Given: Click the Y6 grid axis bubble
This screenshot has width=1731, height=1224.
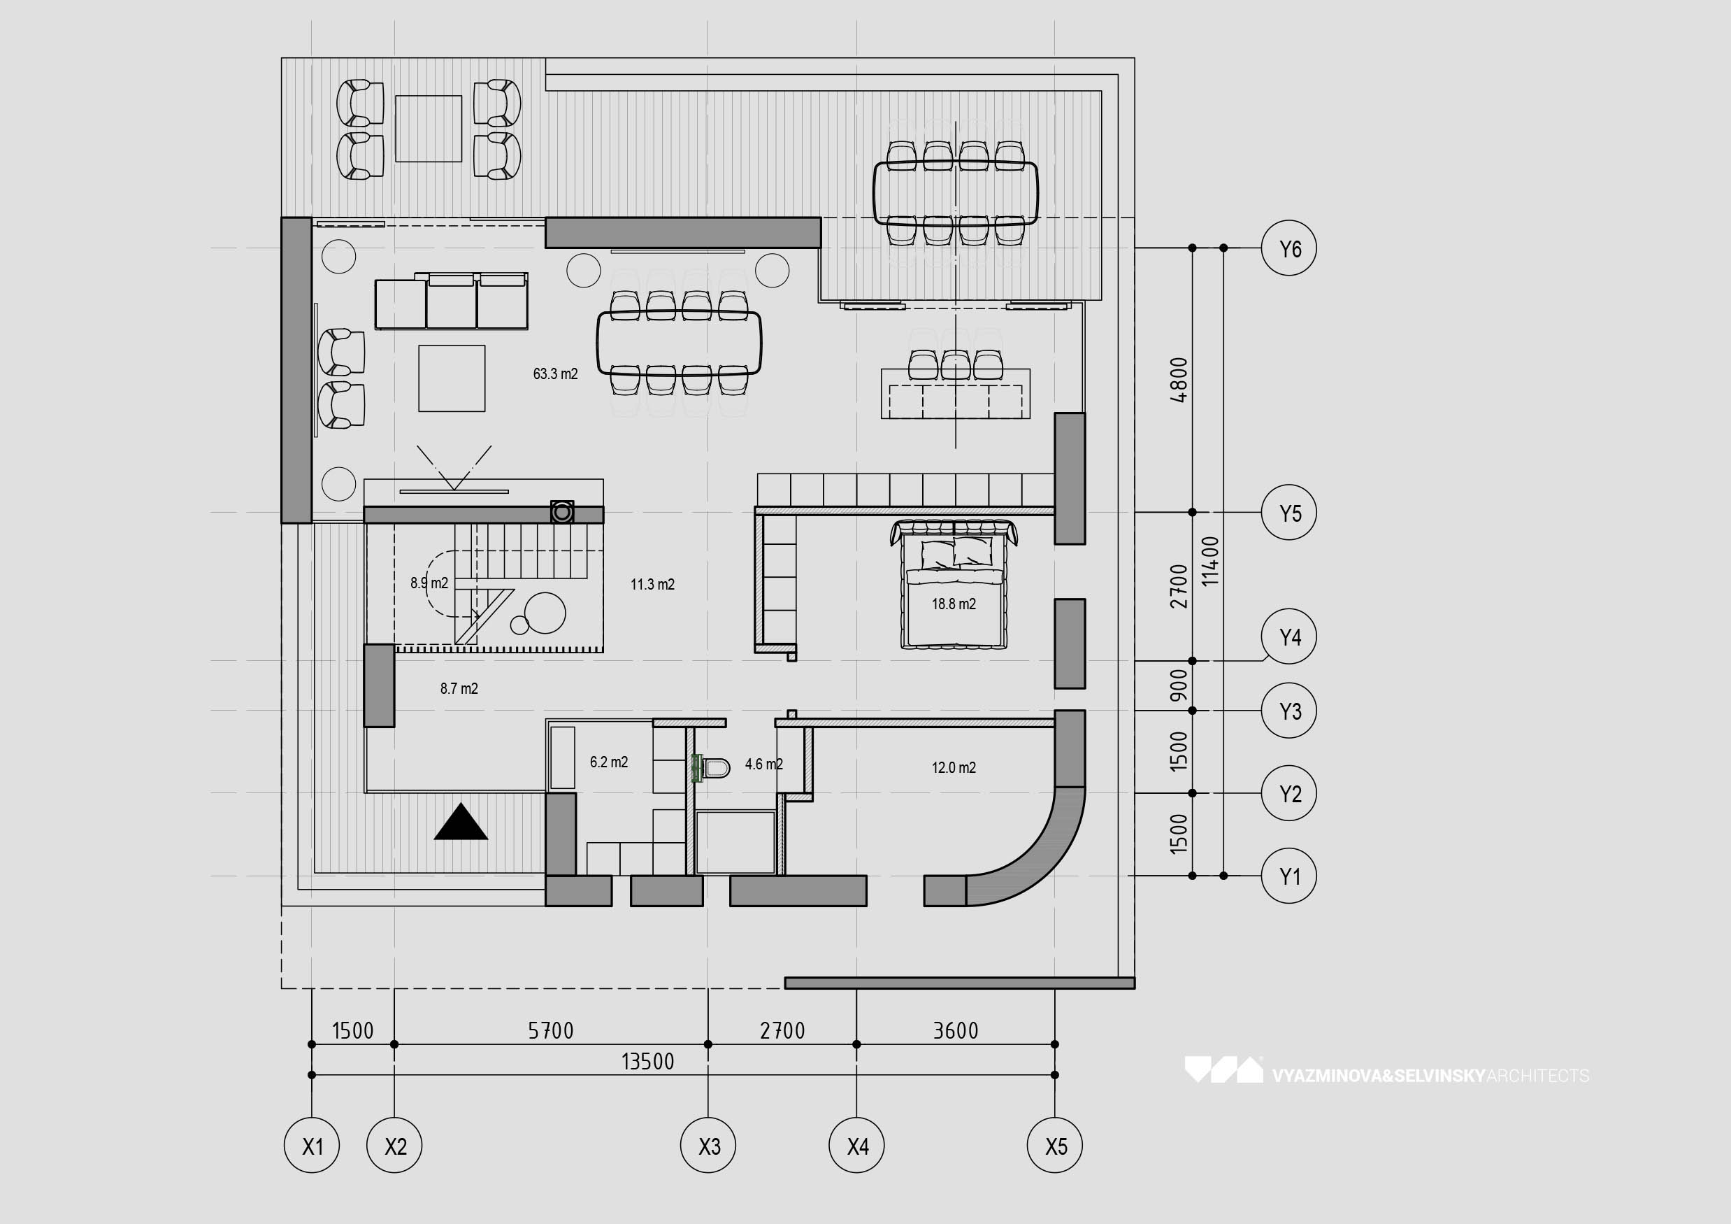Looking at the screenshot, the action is [x=1289, y=248].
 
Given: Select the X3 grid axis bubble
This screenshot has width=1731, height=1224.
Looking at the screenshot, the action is [x=709, y=1146].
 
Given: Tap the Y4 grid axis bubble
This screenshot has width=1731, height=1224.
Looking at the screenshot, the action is [x=1289, y=636].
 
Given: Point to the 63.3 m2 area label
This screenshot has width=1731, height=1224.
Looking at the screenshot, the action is [x=555, y=374].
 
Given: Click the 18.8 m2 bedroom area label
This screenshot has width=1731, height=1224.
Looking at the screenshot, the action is [x=954, y=604].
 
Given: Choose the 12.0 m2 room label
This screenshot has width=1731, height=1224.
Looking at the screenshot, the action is [x=954, y=768].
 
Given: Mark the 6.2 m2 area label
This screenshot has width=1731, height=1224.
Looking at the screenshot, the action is [x=608, y=762].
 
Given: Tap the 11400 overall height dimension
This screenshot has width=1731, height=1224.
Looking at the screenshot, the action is [x=1210, y=561].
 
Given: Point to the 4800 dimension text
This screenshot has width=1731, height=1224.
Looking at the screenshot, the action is [x=1179, y=380].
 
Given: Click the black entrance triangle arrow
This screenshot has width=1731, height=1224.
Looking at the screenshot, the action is [x=461, y=821].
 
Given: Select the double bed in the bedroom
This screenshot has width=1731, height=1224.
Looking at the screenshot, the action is [x=954, y=584].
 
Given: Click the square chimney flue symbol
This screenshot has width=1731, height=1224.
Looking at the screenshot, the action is [x=561, y=513].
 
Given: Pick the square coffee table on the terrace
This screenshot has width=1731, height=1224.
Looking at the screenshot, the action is [x=429, y=128].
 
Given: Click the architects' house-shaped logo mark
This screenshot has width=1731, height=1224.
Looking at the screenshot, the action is [x=1223, y=1069].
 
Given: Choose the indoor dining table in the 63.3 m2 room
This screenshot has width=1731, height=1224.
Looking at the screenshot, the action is [x=679, y=343].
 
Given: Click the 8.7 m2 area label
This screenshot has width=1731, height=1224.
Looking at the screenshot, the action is [x=459, y=688].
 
